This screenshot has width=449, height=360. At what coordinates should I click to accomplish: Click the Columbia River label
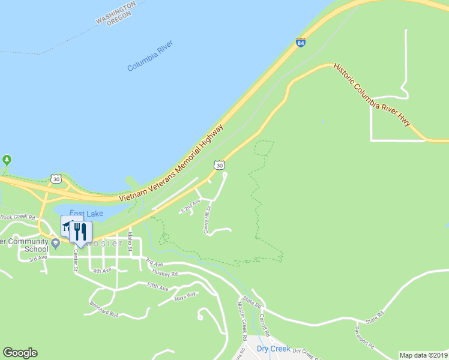[150, 56]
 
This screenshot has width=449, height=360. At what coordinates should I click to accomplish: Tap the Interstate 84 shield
[301, 43]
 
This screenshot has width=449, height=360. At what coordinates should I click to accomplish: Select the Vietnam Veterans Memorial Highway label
[171, 163]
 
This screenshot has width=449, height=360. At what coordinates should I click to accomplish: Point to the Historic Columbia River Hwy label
[372, 95]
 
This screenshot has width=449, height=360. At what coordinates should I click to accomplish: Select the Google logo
[20, 353]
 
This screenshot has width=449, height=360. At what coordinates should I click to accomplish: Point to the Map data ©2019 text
[423, 355]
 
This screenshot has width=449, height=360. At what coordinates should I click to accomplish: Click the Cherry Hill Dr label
[206, 220]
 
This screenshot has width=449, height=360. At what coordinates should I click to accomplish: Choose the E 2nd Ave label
[190, 207]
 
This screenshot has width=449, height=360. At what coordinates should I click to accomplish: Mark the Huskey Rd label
[166, 273]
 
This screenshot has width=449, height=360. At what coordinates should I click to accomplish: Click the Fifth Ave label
[157, 287]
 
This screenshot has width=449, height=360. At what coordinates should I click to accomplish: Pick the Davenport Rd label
[364, 338]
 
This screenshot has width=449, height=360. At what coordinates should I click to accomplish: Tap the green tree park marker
[7, 160]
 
